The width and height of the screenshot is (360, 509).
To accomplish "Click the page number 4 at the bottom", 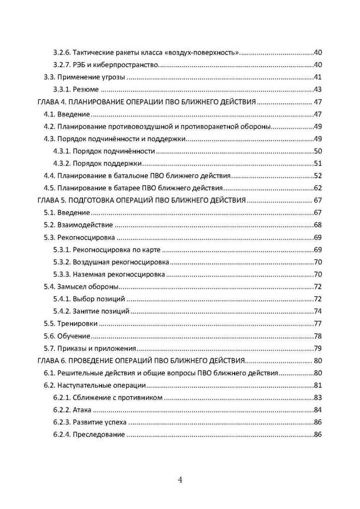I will (180, 479).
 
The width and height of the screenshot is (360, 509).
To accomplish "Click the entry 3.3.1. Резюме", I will (76, 90).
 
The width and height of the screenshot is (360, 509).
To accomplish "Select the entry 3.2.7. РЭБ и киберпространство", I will (106, 65).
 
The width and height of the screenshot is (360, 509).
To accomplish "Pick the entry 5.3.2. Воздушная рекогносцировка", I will (112, 262).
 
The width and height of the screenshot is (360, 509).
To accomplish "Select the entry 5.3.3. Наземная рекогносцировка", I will (109, 274).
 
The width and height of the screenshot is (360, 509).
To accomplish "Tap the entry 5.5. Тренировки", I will (71, 324).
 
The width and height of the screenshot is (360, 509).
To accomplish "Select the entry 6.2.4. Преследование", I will (89, 435).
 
